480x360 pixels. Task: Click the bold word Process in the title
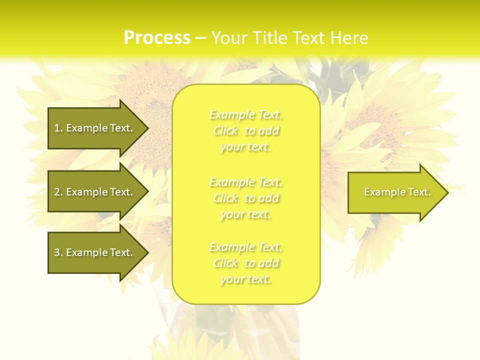point(157,38)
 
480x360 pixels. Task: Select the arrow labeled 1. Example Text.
point(95,128)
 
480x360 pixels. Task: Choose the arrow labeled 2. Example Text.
point(95,192)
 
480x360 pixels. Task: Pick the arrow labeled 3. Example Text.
point(95,252)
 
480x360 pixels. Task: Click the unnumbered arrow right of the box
point(395,192)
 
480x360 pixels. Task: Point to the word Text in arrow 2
point(120,192)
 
